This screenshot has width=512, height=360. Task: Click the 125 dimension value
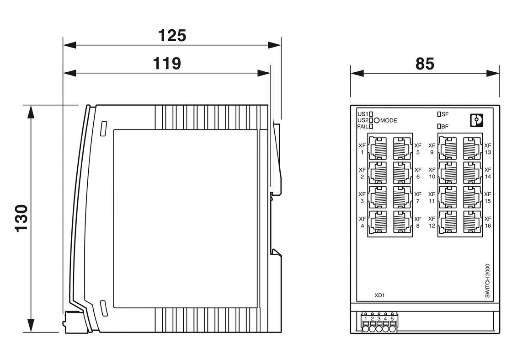point(172,35)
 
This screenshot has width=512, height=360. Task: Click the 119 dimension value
point(166,63)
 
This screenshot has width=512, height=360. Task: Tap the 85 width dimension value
point(425,64)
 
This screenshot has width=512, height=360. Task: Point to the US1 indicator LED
point(371,113)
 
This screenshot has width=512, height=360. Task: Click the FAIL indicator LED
point(371,127)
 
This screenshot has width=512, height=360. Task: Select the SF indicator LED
point(439,113)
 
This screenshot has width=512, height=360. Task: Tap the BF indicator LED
point(439,126)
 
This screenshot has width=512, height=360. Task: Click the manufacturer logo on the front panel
point(476,120)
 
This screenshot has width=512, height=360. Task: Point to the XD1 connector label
point(379,296)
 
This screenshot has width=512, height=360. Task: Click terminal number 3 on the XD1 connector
point(379,318)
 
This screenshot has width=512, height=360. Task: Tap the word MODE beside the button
point(389,120)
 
